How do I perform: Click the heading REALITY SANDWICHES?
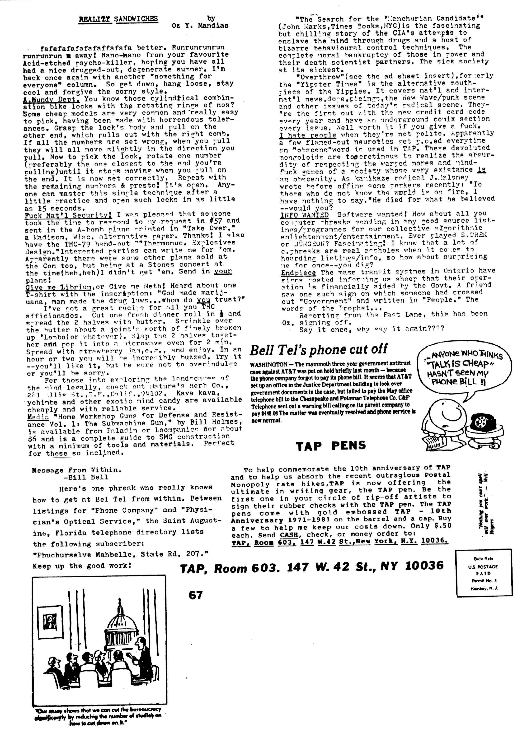pos(118,19)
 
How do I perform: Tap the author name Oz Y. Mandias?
pos(200,25)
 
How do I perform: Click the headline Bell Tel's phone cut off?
pos(318,349)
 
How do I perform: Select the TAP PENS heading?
pos(331,445)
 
